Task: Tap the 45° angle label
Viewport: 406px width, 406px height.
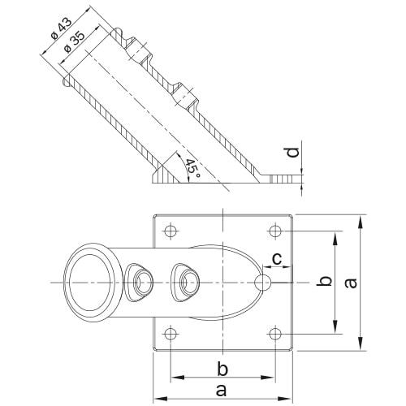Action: (192, 169)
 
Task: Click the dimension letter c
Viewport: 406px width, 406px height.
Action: (276, 258)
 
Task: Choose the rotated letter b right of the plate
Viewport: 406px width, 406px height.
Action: (323, 281)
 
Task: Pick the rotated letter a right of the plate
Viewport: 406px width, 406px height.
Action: (350, 282)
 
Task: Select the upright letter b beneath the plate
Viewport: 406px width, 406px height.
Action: (222, 369)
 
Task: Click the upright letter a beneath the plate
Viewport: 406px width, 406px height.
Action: (222, 391)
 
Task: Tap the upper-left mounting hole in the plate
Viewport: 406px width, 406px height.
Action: (170, 231)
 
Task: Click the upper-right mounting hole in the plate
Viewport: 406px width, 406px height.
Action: (275, 231)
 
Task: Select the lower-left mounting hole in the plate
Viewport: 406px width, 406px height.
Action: (170, 332)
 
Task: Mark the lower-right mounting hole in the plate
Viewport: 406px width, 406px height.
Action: (275, 332)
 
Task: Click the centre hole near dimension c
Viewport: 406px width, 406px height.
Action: (263, 282)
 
